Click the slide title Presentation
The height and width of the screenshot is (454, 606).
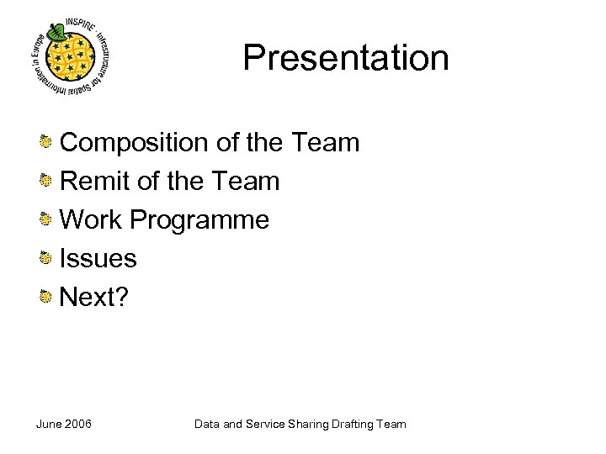[x=346, y=58]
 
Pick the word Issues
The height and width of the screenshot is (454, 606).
[x=98, y=258]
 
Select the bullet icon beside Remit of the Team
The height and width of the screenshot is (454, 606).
[x=47, y=182]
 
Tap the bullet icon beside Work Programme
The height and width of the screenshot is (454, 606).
[x=47, y=220]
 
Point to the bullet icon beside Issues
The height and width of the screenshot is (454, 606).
[x=47, y=258]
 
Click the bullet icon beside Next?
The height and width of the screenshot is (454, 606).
[x=47, y=296]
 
